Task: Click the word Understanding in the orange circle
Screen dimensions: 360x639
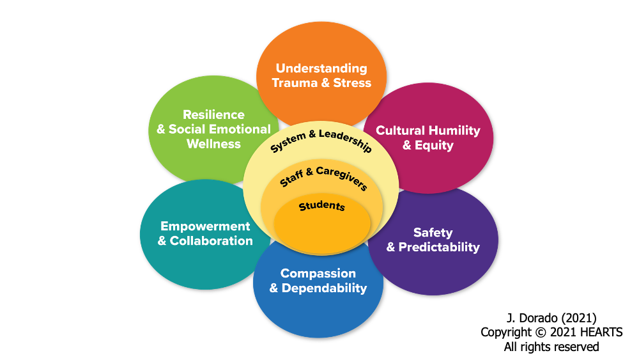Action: tap(321, 68)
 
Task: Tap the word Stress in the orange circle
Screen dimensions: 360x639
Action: tap(351, 83)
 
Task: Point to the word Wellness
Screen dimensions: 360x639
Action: tap(213, 144)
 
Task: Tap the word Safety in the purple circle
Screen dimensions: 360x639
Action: tap(433, 233)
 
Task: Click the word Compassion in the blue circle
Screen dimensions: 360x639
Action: tap(318, 274)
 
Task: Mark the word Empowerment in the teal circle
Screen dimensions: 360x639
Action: tap(205, 226)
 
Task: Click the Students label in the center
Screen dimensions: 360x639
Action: tap(322, 207)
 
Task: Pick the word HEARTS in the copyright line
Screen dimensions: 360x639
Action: tap(599, 333)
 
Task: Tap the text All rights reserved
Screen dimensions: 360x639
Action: tap(551, 347)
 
